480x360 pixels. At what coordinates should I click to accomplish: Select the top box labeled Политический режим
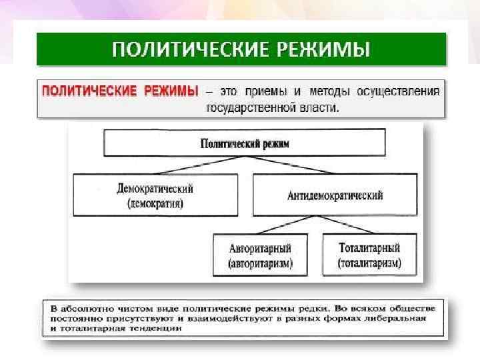tap(245, 143)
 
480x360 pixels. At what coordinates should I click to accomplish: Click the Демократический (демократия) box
tap(155, 195)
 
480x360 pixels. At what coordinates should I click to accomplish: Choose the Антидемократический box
tap(335, 195)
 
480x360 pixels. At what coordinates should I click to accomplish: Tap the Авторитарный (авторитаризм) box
tap(260, 254)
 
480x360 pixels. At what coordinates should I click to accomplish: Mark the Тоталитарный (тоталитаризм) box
tap(369, 254)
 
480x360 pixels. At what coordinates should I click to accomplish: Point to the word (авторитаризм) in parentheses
tap(260, 263)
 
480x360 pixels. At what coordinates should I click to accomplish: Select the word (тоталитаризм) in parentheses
tap(369, 263)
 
